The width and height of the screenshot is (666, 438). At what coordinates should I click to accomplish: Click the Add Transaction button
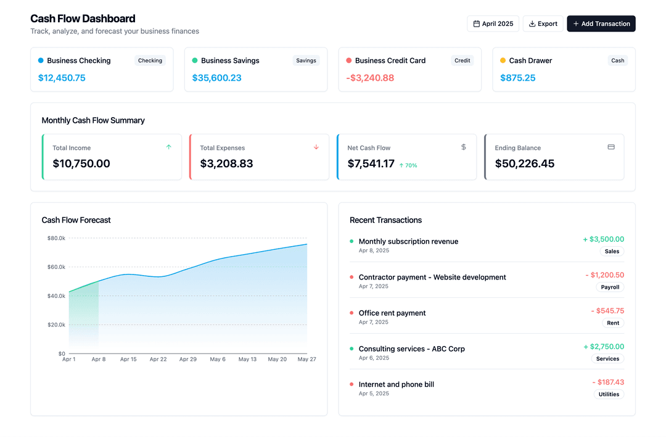[x=601, y=23]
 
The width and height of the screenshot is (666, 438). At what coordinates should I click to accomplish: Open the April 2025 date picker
[x=493, y=23]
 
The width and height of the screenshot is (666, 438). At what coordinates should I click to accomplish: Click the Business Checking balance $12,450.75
[x=62, y=78]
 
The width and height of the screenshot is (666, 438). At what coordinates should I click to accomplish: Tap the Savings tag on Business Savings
[x=306, y=60]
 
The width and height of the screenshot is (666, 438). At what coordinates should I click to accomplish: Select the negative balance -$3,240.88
[x=370, y=78]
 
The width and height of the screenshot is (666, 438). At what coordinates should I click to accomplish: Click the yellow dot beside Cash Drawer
[x=503, y=60]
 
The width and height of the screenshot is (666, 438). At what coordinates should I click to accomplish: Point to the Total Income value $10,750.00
[x=81, y=163]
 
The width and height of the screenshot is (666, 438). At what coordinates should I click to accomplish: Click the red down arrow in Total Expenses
[x=316, y=147]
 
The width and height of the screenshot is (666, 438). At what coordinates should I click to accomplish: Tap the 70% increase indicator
[x=408, y=165]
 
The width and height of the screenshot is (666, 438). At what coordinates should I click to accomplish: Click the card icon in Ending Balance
[x=611, y=147]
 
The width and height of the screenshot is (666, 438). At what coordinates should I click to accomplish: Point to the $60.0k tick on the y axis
[x=56, y=267]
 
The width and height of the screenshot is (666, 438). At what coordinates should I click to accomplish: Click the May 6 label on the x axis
[x=218, y=359]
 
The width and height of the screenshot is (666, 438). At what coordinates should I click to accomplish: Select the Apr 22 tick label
[x=158, y=359]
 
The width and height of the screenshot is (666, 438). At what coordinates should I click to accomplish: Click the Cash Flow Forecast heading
[x=76, y=220]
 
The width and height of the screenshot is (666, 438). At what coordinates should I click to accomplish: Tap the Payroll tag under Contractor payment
[x=610, y=287]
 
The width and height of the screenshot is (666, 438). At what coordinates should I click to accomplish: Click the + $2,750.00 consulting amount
[x=604, y=347]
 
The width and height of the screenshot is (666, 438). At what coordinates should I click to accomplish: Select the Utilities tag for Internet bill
[x=609, y=394]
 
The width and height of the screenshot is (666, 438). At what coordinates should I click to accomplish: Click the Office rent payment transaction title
[x=392, y=313]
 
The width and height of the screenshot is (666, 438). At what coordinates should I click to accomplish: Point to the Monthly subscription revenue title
[x=408, y=241]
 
